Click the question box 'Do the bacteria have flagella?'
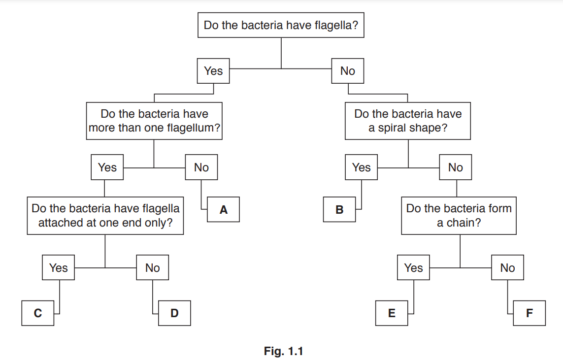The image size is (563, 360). point(281,25)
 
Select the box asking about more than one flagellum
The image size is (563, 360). point(154,121)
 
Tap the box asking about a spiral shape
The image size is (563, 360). point(408,121)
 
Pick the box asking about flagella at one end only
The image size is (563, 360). point(105,215)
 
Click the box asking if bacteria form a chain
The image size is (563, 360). point(459,215)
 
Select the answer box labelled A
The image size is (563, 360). point(223,210)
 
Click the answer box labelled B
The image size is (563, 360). point(339,210)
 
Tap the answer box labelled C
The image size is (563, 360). point(38,313)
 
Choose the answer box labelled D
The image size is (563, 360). point(174,313)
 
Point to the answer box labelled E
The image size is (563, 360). point(392,313)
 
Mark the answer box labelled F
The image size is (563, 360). point(529,313)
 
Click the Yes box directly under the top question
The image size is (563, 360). point(213,71)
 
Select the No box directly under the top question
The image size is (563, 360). point(347,71)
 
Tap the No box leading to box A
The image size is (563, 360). point(201,167)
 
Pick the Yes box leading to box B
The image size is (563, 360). point(361,167)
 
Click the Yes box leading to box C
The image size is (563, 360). point(59,268)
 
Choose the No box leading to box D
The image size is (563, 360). point(153,268)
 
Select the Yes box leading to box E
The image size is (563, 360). point(413,268)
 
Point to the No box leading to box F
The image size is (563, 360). point(507,268)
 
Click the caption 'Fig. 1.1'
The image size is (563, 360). point(283,351)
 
